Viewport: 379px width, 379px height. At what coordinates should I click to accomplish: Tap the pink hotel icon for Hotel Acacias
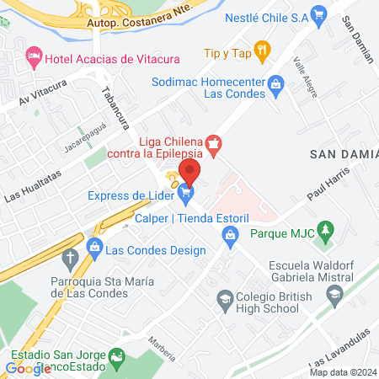coord(34,56)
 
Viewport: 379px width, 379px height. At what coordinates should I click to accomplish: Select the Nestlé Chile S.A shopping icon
coord(318,14)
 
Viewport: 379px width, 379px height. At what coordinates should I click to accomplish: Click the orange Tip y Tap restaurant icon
coord(263,52)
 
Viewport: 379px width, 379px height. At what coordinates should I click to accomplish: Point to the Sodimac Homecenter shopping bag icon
coord(275,83)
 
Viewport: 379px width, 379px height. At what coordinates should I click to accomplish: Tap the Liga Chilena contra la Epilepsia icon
coord(213,145)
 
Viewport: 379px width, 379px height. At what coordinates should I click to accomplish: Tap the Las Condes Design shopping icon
coord(94,250)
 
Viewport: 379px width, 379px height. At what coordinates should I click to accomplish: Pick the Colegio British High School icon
coord(225,297)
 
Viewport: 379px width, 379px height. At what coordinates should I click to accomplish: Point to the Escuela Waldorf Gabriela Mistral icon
coord(334,294)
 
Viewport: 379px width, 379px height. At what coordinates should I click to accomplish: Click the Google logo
coord(28,368)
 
